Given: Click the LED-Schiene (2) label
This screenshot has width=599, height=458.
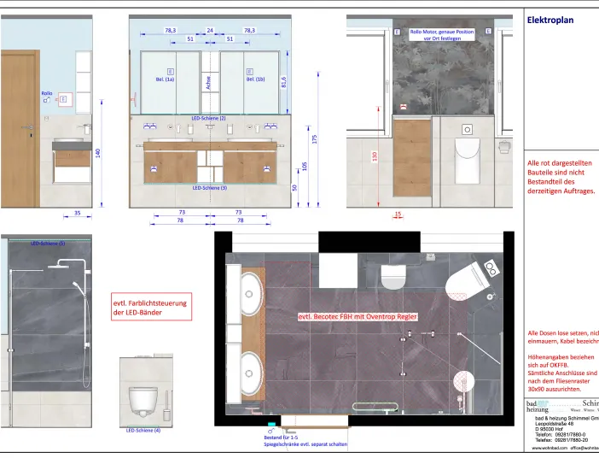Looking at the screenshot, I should [209, 118].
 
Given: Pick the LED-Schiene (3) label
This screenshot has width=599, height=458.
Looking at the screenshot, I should [209, 187].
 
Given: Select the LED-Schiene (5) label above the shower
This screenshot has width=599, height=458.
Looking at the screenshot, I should [48, 244].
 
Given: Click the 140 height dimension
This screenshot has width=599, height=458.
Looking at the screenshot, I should [99, 153].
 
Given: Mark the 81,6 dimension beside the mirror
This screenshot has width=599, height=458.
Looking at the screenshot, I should [283, 83].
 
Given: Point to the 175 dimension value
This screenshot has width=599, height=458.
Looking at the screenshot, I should [315, 138].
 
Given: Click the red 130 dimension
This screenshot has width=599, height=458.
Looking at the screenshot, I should [375, 156].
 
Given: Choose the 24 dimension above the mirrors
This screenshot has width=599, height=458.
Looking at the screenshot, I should [209, 30].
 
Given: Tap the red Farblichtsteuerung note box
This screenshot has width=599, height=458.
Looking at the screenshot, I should [150, 308].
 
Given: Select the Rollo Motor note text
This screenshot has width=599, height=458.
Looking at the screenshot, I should [441, 35].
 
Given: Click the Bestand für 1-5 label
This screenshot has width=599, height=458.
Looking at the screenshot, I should [281, 437].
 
